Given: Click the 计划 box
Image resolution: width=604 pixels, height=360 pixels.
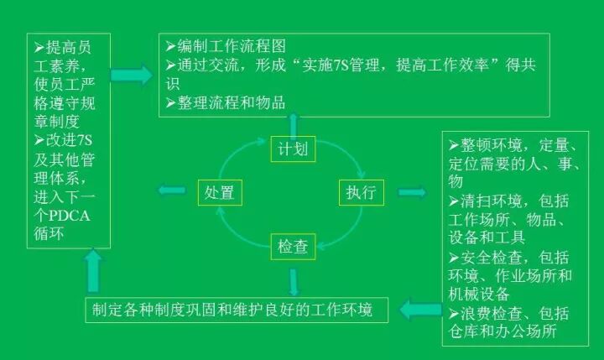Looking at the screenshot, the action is [294, 150].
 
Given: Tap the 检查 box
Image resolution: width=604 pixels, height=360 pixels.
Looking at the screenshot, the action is [294, 247].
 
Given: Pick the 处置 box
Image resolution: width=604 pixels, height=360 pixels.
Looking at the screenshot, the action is [221, 192].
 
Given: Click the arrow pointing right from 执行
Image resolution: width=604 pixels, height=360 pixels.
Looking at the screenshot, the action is [412, 192].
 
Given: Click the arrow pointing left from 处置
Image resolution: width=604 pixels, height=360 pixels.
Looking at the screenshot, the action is [173, 192].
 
